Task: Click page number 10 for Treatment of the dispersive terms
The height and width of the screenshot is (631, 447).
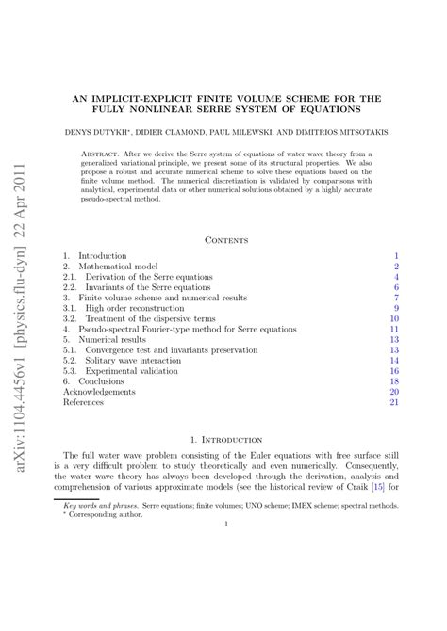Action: point(395,318)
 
